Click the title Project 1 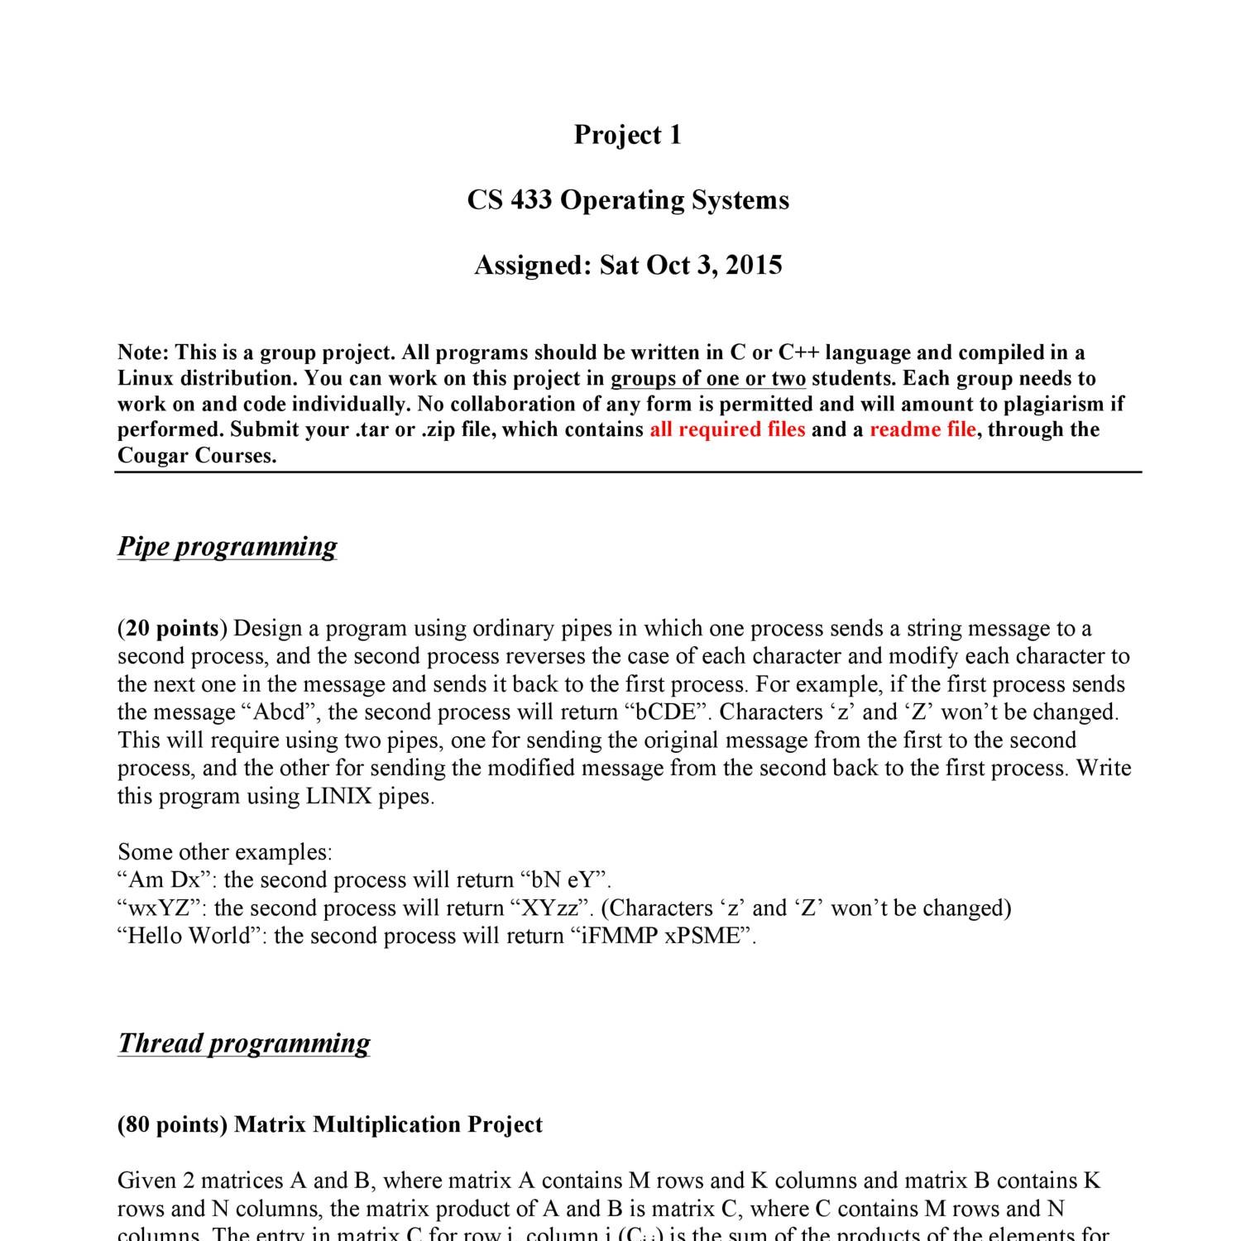click(628, 135)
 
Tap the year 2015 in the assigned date click(754, 266)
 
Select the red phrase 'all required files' click(727, 429)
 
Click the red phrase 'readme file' click(922, 429)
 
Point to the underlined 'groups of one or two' click(708, 379)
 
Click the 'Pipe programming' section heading click(228, 547)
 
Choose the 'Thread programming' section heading click(244, 1043)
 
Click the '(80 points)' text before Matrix click(172, 1125)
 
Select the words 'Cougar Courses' click(195, 456)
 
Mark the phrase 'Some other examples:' click(224, 852)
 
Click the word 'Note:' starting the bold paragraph click(143, 353)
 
